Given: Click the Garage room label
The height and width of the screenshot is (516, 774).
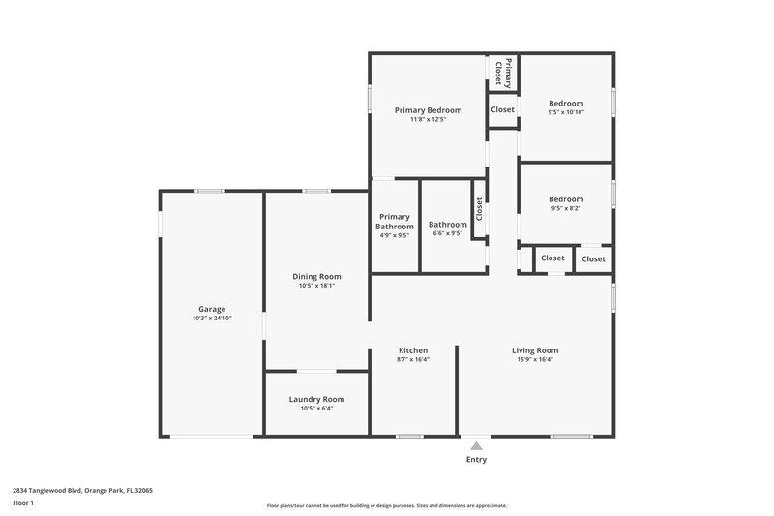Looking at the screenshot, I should pos(212,310).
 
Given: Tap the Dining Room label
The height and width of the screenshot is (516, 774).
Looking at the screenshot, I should pos(316,277).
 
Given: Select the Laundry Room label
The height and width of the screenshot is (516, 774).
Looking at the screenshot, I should pos(316,399).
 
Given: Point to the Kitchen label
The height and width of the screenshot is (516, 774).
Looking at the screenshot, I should pos(413,350).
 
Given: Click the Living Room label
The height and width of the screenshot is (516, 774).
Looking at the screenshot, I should pos(535,350).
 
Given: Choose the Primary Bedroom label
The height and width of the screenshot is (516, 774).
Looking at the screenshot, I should pos(428,110).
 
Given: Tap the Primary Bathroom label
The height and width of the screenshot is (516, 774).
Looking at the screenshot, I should pos(395,222).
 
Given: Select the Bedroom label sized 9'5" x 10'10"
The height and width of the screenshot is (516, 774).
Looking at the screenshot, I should pos(566,104).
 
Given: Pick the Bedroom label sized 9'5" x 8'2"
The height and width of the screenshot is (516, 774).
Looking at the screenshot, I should pos(566,199).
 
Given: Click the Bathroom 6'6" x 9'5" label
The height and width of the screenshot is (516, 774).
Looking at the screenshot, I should pos(447,225).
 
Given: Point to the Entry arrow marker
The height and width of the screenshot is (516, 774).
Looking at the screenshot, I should pos(476,446).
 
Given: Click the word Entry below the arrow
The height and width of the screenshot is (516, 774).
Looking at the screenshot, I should pos(476,460).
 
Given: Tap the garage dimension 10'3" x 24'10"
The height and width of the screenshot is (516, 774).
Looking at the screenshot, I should pos(212,319).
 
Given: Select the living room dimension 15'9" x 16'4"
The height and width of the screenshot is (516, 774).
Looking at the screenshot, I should pos(535,359).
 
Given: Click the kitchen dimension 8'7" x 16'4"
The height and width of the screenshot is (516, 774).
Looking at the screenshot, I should pos(413,359).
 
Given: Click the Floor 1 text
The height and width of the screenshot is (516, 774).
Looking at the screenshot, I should pos(24,503).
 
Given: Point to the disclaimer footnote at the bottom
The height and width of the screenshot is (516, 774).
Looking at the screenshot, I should pos(386,505).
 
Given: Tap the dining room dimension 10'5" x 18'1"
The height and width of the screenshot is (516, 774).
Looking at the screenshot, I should pos(316,286).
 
